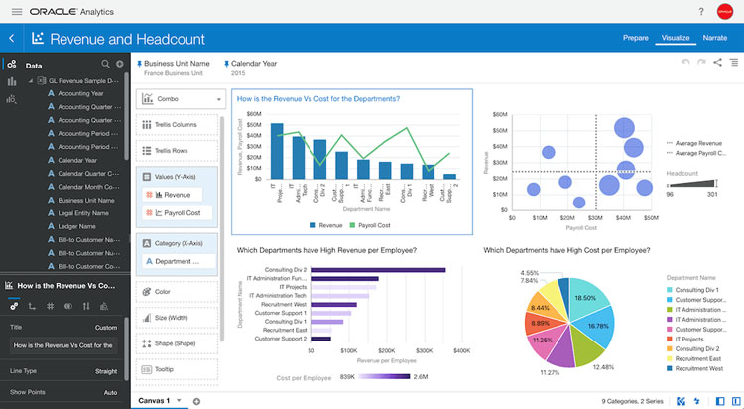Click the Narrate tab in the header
(x=715, y=38)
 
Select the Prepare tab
(x=635, y=38)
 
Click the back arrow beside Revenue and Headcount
(x=11, y=39)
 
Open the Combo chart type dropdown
(x=181, y=99)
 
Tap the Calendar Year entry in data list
(x=77, y=159)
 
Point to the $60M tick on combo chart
(x=254, y=114)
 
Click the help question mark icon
(x=701, y=11)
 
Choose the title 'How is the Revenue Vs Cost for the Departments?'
(x=316, y=99)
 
